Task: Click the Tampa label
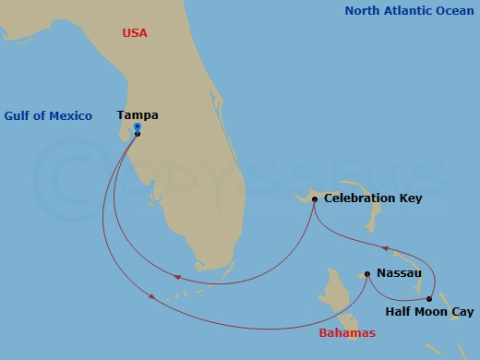pos(138,115)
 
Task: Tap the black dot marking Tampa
pos(137,134)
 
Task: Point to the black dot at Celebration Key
pos(314,199)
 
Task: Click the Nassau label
pos(399,273)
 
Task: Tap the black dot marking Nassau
pos(367,274)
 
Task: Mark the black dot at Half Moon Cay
pos(429,298)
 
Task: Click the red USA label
pos(135,33)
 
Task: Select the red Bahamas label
pos(347,332)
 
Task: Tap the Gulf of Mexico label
pos(48,115)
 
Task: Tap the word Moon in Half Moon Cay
pos(431,312)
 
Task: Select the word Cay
pos(462,312)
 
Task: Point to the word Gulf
pos(18,115)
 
